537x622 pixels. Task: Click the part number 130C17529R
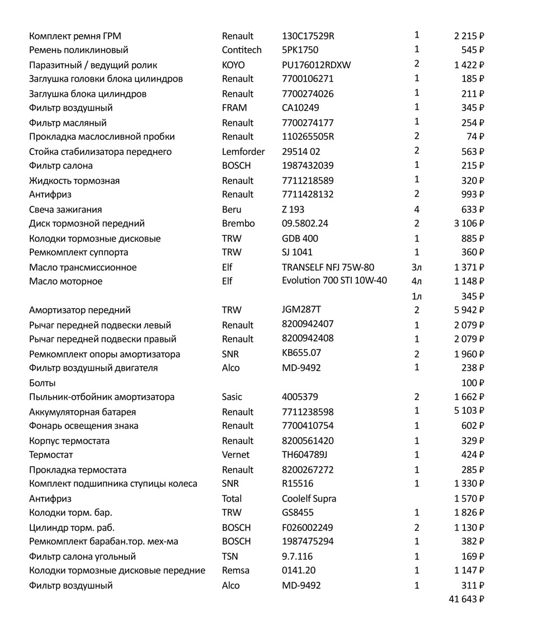pyautogui.click(x=308, y=36)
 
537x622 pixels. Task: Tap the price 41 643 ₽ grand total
pyautogui.click(x=466, y=599)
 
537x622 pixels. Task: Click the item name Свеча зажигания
pyautogui.click(x=65, y=210)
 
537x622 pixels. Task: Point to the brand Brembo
pyautogui.click(x=238, y=224)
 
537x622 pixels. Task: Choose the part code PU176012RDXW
pyautogui.click(x=317, y=65)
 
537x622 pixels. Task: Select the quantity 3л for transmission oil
pyautogui.click(x=417, y=267)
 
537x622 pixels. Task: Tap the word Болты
pyautogui.click(x=42, y=383)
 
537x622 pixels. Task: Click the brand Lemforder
pyautogui.click(x=243, y=152)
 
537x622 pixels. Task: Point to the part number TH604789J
pyautogui.click(x=305, y=455)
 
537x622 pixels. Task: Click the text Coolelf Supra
pyautogui.click(x=309, y=498)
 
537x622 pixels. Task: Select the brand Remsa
pyautogui.click(x=235, y=571)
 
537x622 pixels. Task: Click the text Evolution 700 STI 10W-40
pyautogui.click(x=334, y=281)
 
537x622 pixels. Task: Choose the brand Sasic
pyautogui.click(x=232, y=397)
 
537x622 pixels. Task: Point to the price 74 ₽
pyautogui.click(x=475, y=136)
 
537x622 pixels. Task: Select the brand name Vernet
pyautogui.click(x=235, y=455)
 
